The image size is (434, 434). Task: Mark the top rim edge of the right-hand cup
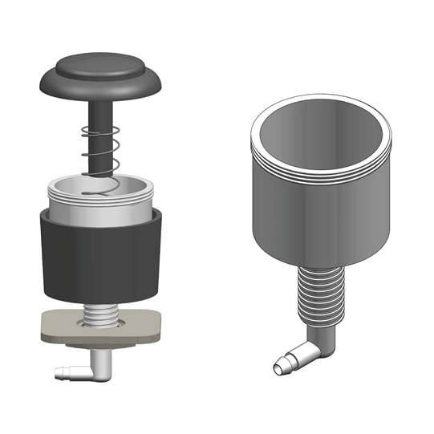pyautogui.click(x=321, y=98)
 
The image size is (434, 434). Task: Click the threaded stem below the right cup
pyautogui.click(x=318, y=297)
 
